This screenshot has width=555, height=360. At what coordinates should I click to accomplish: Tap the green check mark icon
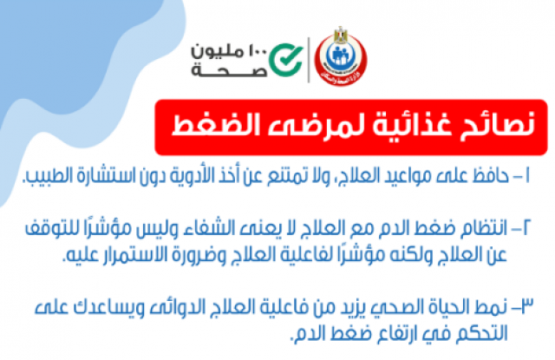(286, 60)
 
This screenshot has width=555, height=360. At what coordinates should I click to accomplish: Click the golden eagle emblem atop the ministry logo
(341, 35)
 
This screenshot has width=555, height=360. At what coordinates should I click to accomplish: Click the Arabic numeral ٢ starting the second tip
(525, 227)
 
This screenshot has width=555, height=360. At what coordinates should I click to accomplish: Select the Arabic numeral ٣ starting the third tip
(526, 306)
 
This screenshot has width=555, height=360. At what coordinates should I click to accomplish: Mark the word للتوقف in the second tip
(46, 228)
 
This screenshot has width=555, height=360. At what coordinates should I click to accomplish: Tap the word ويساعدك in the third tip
(114, 307)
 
